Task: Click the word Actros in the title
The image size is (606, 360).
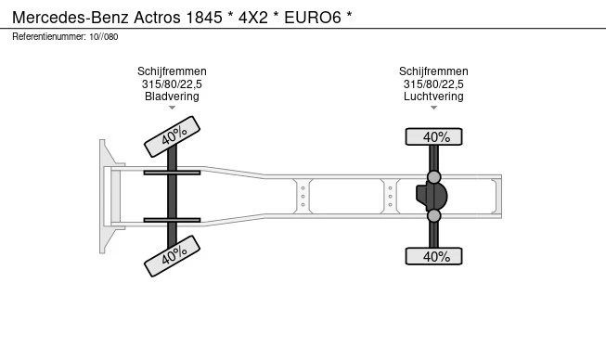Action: [x=157, y=18]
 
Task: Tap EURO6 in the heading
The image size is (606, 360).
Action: [x=313, y=18]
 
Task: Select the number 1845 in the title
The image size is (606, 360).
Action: [x=204, y=18]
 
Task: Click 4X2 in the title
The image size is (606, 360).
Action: [x=253, y=18]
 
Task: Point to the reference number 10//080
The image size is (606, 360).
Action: [x=104, y=37]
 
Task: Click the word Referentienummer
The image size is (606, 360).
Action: [x=49, y=37]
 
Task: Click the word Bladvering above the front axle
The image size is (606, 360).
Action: [x=172, y=96]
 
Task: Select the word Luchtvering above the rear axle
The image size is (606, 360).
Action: [x=433, y=96]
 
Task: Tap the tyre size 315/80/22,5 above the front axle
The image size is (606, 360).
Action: [x=172, y=84]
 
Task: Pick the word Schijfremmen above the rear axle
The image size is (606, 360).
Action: [x=433, y=71]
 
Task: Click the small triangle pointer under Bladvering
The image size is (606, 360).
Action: [x=172, y=108]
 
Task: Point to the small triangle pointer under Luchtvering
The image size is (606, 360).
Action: [x=433, y=108]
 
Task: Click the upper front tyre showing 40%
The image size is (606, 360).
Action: [x=172, y=136]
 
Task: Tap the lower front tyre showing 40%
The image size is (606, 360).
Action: [x=172, y=256]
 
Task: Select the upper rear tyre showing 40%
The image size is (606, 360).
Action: [x=433, y=136]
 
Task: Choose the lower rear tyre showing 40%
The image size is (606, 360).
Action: [x=433, y=256]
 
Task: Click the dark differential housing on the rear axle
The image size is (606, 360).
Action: [x=432, y=196]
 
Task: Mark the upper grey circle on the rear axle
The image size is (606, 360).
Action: [x=434, y=177]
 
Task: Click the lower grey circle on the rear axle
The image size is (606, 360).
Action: [x=434, y=215]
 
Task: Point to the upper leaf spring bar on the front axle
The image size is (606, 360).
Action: [x=172, y=173]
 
